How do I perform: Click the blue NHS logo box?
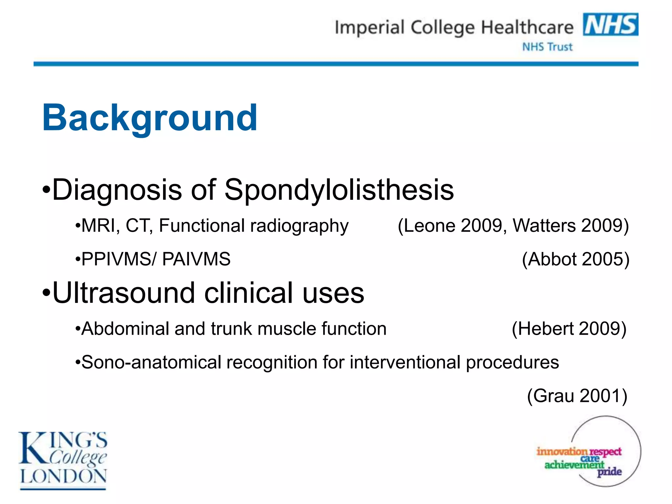(x=610, y=24)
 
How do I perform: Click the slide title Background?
(x=150, y=118)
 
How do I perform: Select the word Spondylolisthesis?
(x=339, y=190)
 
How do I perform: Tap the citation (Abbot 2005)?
(x=576, y=259)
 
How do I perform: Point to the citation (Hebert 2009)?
(x=569, y=329)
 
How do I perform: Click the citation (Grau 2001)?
(x=577, y=396)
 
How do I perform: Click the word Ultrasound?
(x=123, y=293)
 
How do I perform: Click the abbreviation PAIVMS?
(x=196, y=259)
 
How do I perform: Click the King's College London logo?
(x=63, y=460)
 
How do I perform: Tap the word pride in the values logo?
(x=609, y=472)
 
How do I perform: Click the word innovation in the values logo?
(x=562, y=451)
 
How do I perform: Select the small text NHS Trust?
(x=547, y=47)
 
